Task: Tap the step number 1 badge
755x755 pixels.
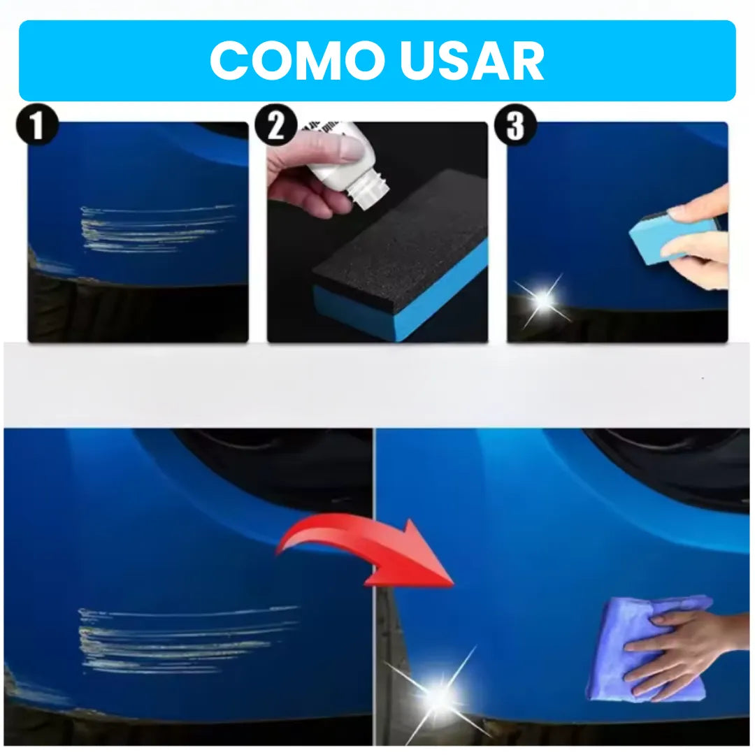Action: click(x=37, y=127)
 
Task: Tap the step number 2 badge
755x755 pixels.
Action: click(x=276, y=127)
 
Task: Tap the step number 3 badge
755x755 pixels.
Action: click(x=515, y=127)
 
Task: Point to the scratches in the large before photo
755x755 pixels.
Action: click(x=182, y=640)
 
